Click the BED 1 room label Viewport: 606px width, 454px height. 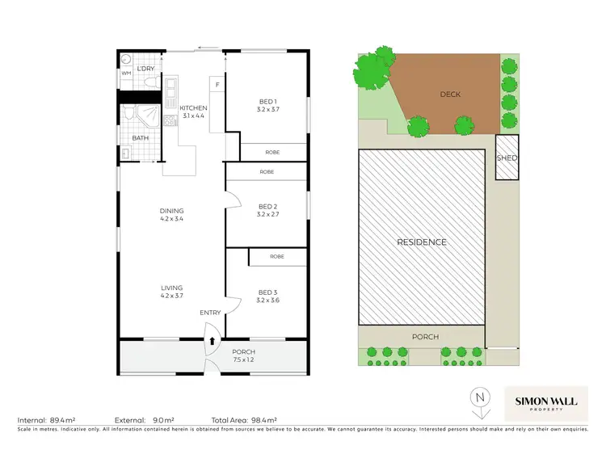(266, 100)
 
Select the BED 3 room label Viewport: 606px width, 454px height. (266, 294)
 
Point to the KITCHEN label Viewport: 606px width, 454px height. (194, 108)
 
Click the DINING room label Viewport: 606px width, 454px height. (171, 212)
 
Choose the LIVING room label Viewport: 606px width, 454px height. (171, 288)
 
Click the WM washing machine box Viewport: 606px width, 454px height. (126, 74)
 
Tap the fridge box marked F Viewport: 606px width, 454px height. (217, 83)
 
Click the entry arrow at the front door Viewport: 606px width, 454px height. (213, 340)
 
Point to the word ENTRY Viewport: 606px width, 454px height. (210, 313)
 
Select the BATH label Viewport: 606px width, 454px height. (141, 138)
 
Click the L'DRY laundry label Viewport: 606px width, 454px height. (145, 69)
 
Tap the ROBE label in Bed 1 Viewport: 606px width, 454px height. (266, 152)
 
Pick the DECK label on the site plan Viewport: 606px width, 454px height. (450, 95)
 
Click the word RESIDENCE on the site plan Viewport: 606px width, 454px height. (421, 242)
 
